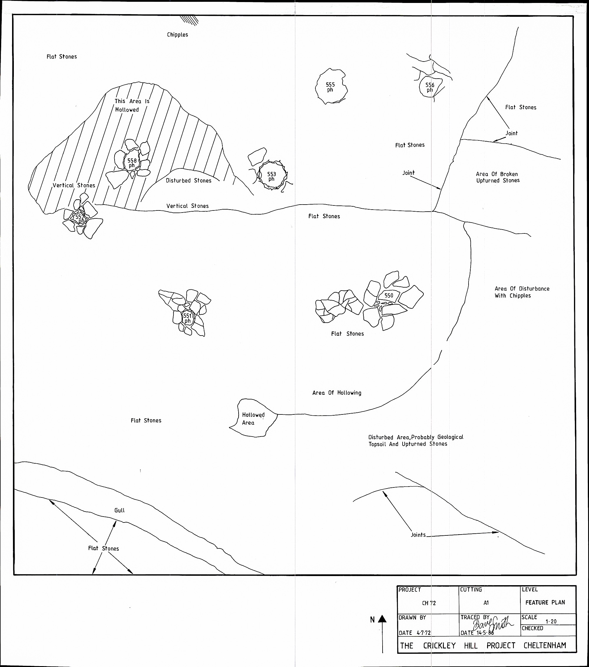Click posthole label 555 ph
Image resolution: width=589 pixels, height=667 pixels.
coord(330,87)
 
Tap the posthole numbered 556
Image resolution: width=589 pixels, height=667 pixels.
coord(430,87)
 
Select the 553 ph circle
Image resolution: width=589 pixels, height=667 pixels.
coord(272,176)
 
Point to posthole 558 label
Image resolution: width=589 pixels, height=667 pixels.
coord(132,163)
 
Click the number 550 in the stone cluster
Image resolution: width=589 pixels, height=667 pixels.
coord(388,295)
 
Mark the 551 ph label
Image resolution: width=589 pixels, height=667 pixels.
coord(187,318)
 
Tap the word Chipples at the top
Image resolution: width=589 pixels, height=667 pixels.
coord(177,35)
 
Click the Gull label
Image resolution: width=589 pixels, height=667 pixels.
coord(120,510)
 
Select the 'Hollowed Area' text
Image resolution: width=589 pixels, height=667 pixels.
coord(253,419)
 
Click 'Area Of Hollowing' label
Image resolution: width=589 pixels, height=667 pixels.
coord(337,393)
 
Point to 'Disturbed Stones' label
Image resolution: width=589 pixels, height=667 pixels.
coord(188,181)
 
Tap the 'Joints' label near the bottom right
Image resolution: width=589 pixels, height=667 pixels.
coord(418,535)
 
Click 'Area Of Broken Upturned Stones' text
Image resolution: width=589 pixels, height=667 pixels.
coord(498,177)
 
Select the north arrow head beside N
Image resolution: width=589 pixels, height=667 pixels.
coord(382,619)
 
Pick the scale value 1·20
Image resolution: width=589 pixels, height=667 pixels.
coord(551,622)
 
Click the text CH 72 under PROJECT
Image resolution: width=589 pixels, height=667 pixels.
coord(429,603)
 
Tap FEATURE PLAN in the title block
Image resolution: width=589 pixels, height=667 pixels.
coord(545,602)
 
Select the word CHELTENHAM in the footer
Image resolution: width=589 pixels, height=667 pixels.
coord(545,646)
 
